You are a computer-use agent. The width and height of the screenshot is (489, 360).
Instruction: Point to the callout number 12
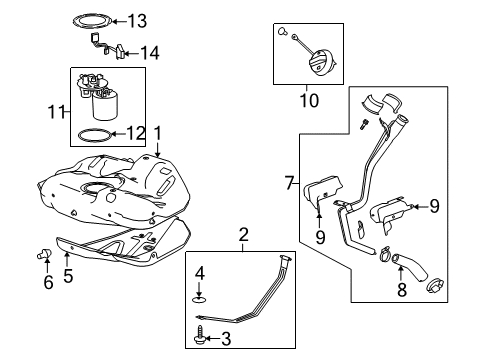[x=136, y=133]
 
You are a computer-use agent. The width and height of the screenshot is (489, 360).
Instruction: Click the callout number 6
[x=46, y=284]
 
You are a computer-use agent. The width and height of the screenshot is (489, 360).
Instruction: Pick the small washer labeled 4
[x=200, y=297]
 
